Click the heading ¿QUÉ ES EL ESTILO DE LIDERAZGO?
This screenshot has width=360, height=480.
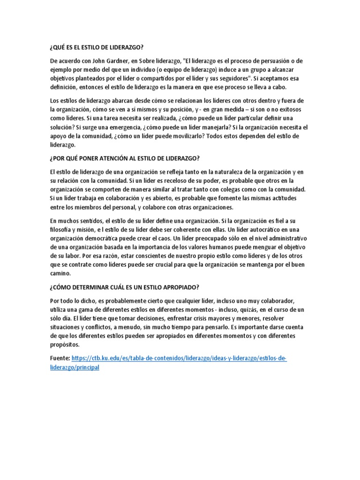pos(96,47)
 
